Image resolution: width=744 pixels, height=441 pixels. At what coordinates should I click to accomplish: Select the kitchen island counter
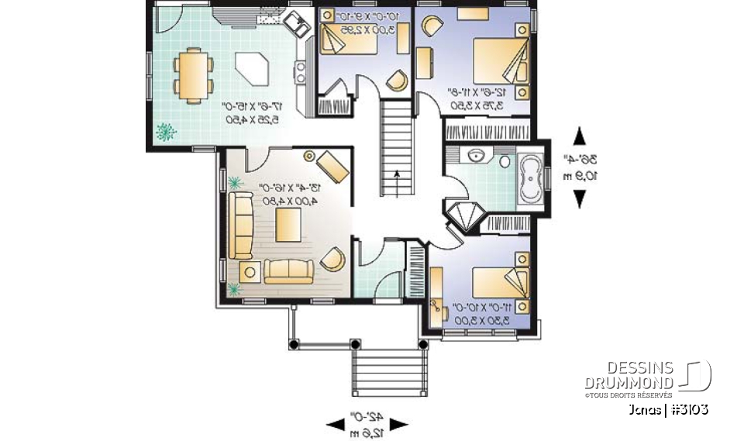[254, 68]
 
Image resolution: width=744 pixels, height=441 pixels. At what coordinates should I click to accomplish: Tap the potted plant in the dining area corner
[165, 133]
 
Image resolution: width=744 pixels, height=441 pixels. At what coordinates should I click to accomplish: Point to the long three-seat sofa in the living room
[239, 225]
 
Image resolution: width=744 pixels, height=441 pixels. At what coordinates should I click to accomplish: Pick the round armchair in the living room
[332, 258]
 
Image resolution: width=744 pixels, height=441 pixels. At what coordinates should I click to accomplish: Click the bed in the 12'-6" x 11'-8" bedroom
[501, 58]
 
